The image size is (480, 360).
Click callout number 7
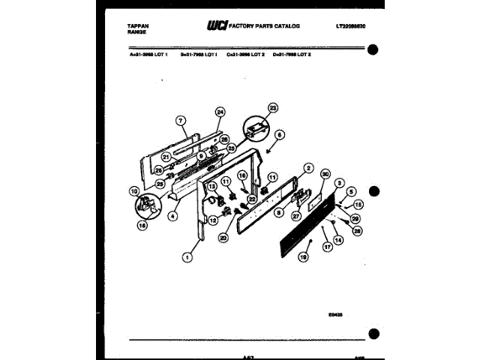point(180,120)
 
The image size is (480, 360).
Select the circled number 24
point(219,112)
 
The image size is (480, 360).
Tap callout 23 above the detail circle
point(272,107)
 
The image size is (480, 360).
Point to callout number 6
point(280,135)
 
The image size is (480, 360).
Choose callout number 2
point(308,168)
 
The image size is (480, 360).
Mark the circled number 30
point(325,173)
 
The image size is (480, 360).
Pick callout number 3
point(340,183)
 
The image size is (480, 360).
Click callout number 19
point(304,256)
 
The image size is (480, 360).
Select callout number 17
point(327,246)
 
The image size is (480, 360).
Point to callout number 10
point(134,190)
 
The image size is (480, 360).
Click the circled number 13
point(211,186)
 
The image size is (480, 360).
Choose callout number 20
point(223,238)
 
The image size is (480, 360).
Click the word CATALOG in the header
point(285,26)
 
